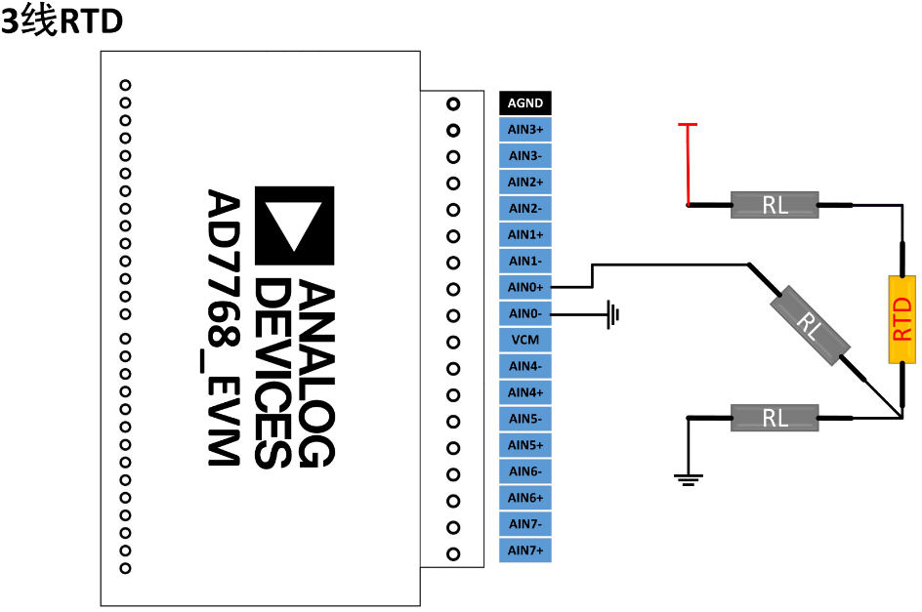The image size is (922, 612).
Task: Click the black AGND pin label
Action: [525, 103]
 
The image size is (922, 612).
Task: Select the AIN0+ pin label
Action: [525, 287]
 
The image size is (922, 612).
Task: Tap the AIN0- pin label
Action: [525, 313]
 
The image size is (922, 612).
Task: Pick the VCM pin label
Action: [525, 340]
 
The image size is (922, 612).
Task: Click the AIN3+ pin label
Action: [525, 130]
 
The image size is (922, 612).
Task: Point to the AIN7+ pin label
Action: [525, 551]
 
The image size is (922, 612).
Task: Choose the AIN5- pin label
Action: [525, 419]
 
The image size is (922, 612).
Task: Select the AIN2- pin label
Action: [525, 208]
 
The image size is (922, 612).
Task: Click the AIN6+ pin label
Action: [525, 498]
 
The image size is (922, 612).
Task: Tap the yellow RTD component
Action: [901, 319]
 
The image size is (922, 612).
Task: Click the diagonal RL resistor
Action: [809, 326]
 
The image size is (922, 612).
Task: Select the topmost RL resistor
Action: [775, 205]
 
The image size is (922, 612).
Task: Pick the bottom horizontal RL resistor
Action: [775, 418]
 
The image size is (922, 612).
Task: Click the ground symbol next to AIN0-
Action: [612, 314]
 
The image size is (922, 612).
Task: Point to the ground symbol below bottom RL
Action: [688, 477]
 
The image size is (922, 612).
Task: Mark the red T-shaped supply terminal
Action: [688, 126]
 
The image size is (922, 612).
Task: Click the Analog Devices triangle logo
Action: [294, 225]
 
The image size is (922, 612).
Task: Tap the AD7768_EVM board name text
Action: [223, 328]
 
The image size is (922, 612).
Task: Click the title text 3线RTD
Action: [62, 21]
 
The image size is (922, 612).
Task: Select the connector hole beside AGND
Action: [453, 103]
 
